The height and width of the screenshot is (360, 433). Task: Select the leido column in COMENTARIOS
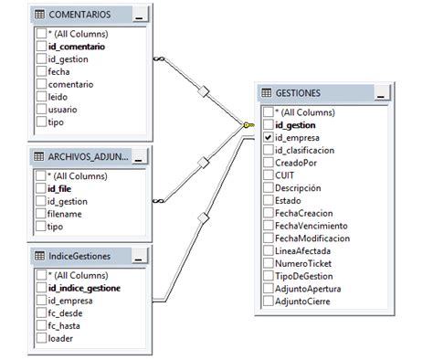[x=58, y=96]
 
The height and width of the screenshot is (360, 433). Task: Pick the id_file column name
[x=59, y=188]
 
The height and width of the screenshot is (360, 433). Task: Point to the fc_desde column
[x=64, y=312]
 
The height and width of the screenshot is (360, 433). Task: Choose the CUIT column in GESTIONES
[x=286, y=175]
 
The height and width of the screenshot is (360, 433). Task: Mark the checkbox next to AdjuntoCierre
[x=268, y=301]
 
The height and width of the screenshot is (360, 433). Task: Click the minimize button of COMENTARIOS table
[x=139, y=16]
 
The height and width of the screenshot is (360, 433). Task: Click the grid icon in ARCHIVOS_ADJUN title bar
[x=39, y=155]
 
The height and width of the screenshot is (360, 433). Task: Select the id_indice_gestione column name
[x=85, y=287]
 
